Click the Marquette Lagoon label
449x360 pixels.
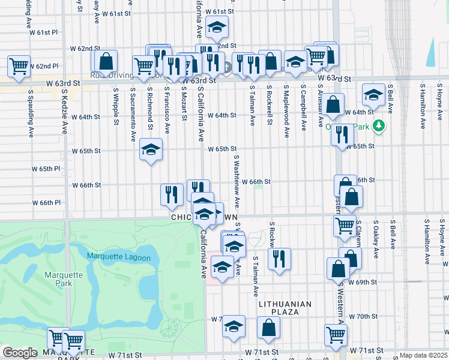coord(116,257)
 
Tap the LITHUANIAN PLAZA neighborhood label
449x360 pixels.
coord(285,304)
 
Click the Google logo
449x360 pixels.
coord(20,353)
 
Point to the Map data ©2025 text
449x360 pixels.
coord(423,355)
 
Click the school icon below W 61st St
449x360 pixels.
coord(217,26)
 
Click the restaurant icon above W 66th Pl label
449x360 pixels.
coord(172,194)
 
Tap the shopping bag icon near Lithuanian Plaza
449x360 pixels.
coord(268,327)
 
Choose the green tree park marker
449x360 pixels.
coord(379,126)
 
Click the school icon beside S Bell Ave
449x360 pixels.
coord(373,95)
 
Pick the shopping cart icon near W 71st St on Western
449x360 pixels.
coord(336,334)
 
